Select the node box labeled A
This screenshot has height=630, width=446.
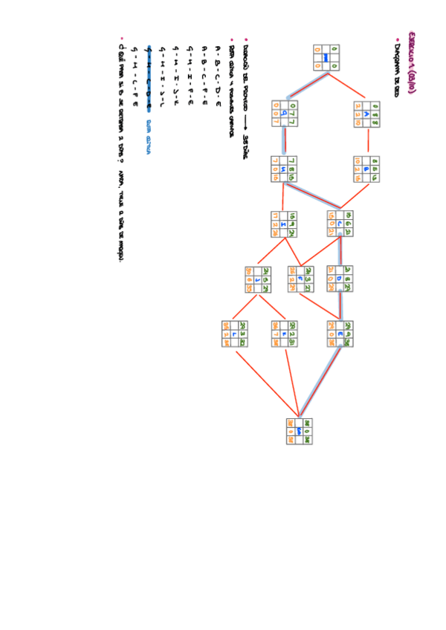(x=367, y=114)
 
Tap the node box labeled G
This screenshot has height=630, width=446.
(x=285, y=114)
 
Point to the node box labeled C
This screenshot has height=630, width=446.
(x=339, y=224)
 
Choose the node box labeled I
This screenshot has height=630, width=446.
(x=284, y=224)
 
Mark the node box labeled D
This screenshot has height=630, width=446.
(x=339, y=279)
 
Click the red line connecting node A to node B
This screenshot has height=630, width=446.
(x=367, y=141)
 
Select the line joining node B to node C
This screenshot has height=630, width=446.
(x=354, y=195)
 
